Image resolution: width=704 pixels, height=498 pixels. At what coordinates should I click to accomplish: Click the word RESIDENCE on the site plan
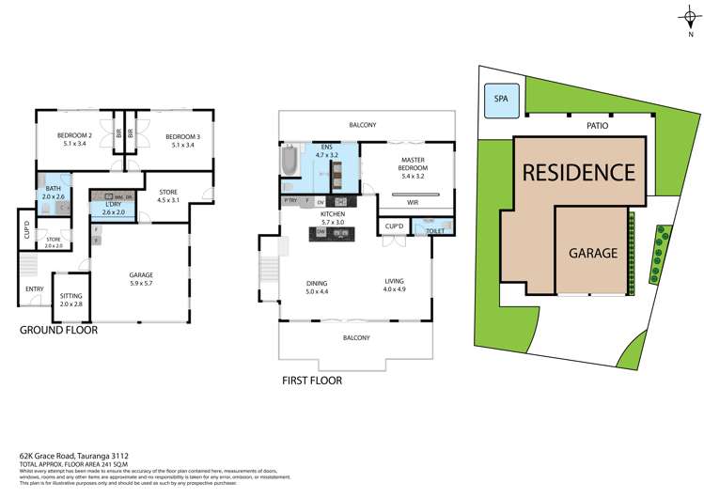coord(578,172)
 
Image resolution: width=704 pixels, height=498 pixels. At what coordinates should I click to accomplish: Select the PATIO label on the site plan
coord(587,123)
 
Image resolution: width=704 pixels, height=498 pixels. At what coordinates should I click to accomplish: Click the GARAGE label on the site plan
coord(591,253)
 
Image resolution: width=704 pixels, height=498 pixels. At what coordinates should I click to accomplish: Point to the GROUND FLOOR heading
coord(58,330)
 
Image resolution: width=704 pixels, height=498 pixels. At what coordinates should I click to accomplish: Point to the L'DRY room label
coord(113,207)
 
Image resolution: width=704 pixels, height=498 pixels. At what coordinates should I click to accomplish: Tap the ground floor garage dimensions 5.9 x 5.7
coord(141,281)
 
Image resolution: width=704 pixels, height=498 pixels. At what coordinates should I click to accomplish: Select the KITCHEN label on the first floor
coord(332,215)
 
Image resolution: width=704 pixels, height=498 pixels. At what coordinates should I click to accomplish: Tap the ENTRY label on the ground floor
coord(34,288)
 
